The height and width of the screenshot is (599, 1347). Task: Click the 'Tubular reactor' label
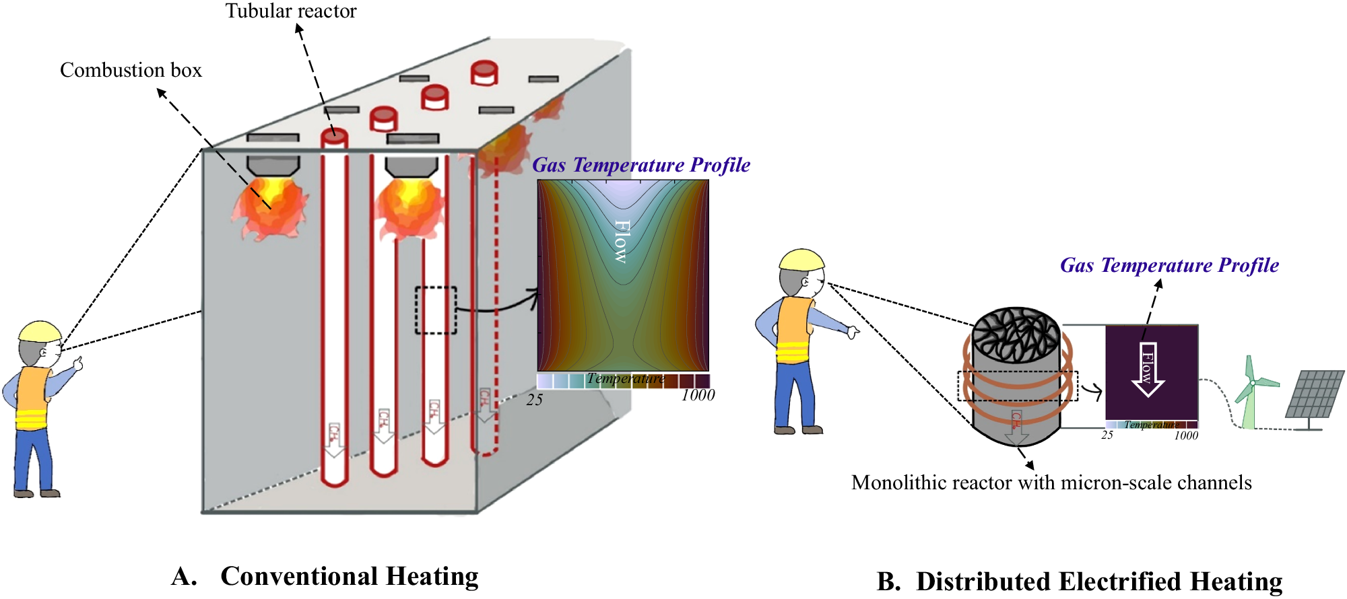click(291, 11)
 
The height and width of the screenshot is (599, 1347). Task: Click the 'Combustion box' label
click(131, 70)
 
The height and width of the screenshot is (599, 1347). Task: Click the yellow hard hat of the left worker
click(40, 331)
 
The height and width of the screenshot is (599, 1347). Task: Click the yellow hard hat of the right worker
click(801, 260)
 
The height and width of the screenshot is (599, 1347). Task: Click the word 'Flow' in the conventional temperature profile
click(622, 241)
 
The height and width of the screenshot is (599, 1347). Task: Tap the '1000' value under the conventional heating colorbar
click(698, 396)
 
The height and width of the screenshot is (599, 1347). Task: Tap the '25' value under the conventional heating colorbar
click(535, 400)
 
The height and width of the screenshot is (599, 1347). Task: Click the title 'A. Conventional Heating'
click(325, 576)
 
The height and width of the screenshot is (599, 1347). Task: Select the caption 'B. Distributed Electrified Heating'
click(1080, 582)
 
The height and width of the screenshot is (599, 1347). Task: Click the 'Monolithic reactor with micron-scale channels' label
click(1051, 483)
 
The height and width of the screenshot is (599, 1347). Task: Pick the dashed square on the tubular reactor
click(436, 310)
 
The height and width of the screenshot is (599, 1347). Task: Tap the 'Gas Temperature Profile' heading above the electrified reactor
click(1169, 265)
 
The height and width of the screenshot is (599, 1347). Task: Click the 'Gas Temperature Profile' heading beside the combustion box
click(641, 165)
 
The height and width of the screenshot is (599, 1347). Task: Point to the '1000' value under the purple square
click(1186, 435)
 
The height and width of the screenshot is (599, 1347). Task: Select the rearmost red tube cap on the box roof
click(484, 72)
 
